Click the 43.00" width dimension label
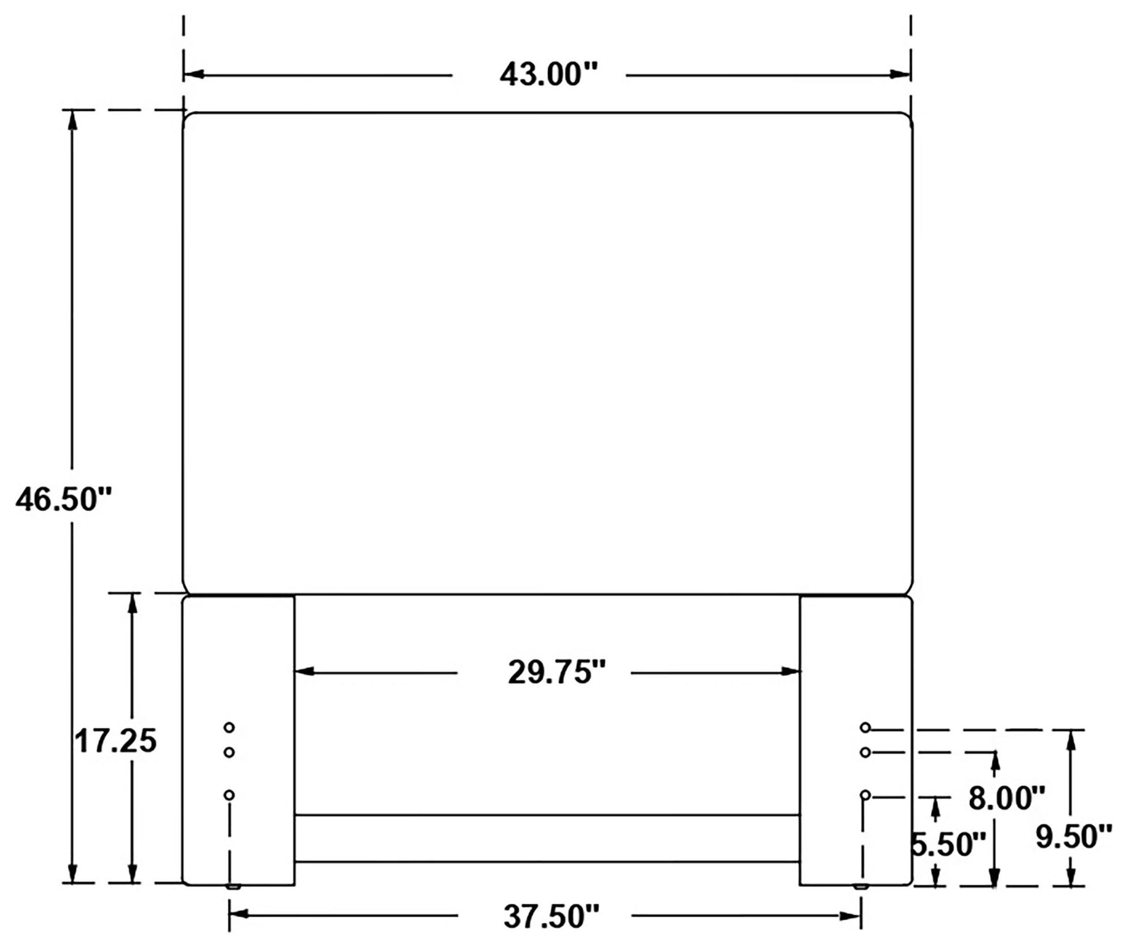[x=548, y=75]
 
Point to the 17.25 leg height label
[x=115, y=742]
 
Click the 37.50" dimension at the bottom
[x=551, y=916]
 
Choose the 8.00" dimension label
[x=1006, y=798]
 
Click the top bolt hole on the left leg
[x=229, y=728]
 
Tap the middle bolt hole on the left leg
[x=229, y=752]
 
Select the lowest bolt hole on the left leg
[x=229, y=795]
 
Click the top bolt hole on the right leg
[x=865, y=728]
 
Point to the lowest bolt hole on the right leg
[x=865, y=795]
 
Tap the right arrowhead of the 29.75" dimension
[x=791, y=671]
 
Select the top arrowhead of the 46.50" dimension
[x=72, y=122]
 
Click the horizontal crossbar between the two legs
[x=546, y=839]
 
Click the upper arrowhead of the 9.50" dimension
[x=1070, y=742]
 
